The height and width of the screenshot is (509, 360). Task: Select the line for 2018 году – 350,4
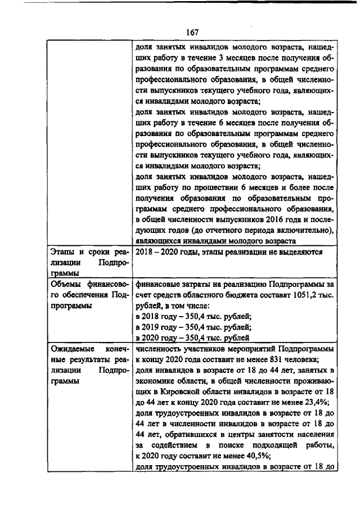click(190, 317)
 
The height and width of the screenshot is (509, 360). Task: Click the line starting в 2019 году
click(190, 327)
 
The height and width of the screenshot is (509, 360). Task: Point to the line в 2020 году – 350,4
click(190, 338)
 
